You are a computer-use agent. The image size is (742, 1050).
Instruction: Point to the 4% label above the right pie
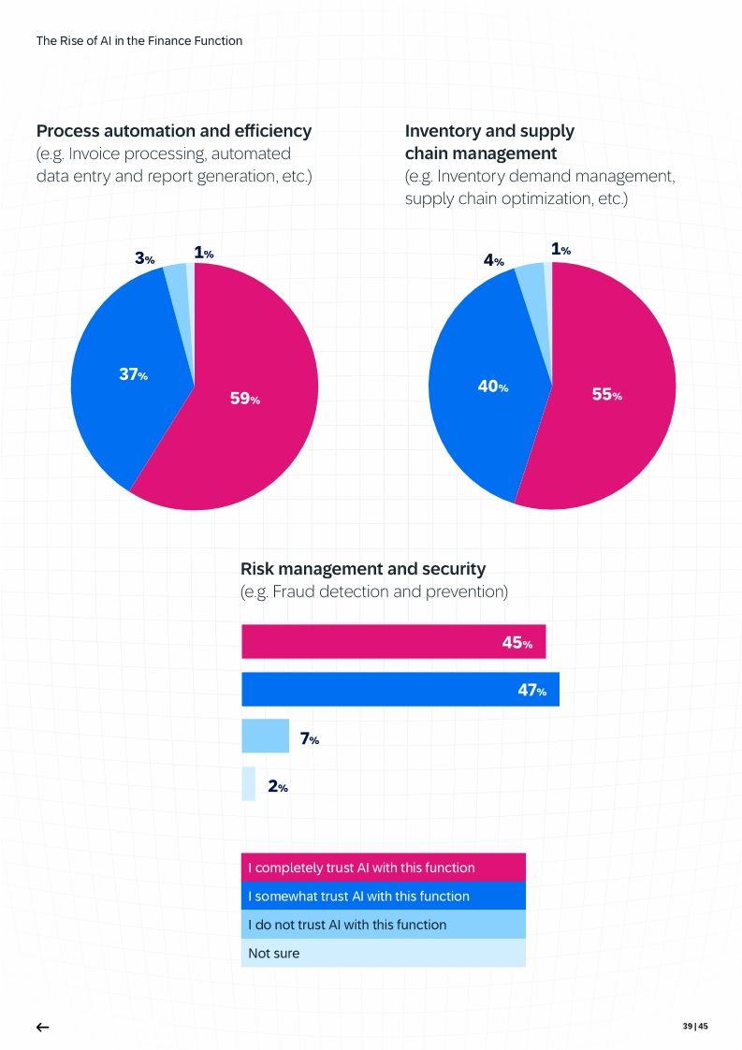tap(493, 261)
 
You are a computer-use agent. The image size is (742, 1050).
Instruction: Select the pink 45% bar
tap(393, 642)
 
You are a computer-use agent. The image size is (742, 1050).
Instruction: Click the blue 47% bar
tap(400, 690)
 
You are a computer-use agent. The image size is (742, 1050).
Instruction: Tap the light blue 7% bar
tap(265, 736)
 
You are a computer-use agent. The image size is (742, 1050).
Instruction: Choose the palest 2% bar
tap(248, 784)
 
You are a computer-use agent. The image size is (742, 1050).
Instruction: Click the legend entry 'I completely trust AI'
tap(383, 868)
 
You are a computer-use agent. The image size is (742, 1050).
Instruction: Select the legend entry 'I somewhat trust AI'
tap(383, 896)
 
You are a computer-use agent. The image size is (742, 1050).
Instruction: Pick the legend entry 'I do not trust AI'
tap(383, 925)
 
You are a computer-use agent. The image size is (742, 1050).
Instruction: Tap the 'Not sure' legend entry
tap(383, 954)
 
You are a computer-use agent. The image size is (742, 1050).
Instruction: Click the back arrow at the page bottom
tap(42, 1028)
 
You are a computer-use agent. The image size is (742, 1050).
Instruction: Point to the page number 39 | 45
tap(695, 1027)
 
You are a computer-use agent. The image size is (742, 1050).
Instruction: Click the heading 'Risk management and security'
tap(363, 569)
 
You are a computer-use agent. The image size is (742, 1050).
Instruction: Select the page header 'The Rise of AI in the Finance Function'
tap(139, 40)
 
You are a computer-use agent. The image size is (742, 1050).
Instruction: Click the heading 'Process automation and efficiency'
tap(174, 131)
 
